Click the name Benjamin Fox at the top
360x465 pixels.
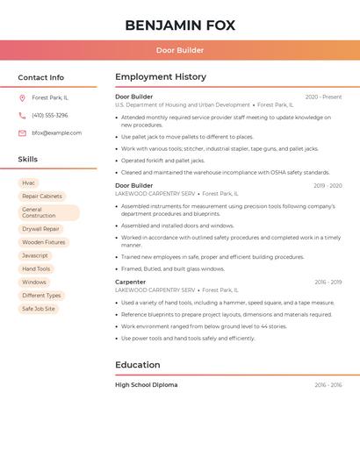click(180, 25)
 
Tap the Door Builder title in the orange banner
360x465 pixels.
click(180, 51)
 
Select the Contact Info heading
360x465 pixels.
click(41, 77)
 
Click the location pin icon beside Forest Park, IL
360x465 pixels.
click(22, 98)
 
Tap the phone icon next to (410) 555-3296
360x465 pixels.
click(22, 116)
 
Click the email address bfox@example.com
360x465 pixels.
click(56, 133)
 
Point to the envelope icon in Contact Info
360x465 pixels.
click(22, 133)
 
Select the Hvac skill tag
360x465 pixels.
click(29, 183)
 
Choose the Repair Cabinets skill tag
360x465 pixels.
click(42, 197)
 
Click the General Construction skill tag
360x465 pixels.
click(48, 213)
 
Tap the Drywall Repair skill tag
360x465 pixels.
click(40, 229)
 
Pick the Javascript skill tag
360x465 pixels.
click(35, 255)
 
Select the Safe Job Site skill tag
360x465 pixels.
click(39, 309)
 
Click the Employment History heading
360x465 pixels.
click(161, 77)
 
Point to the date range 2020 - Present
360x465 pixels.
click(323, 97)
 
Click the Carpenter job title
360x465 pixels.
click(131, 283)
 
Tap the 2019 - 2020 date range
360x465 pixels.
click(328, 186)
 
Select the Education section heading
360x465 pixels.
click(138, 365)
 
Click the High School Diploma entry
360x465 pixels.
click(147, 385)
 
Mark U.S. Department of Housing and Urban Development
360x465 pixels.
click(183, 105)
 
